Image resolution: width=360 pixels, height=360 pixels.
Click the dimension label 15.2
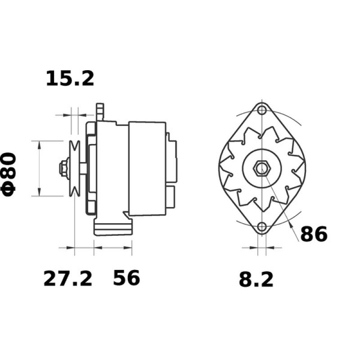[x=70, y=78]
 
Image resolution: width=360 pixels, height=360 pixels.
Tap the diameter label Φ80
[x=9, y=173]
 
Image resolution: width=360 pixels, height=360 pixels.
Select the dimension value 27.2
[x=67, y=279]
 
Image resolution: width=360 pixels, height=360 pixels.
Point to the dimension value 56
[x=126, y=279]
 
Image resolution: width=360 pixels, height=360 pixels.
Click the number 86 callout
[x=313, y=234]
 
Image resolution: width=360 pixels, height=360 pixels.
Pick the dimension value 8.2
[x=256, y=280]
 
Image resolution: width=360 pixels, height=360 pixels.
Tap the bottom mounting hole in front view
[x=261, y=227]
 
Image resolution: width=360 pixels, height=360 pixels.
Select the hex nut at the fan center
[x=261, y=169]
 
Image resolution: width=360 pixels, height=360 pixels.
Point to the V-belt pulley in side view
[x=74, y=169]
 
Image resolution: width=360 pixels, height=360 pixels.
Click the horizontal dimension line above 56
[x=112, y=247]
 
